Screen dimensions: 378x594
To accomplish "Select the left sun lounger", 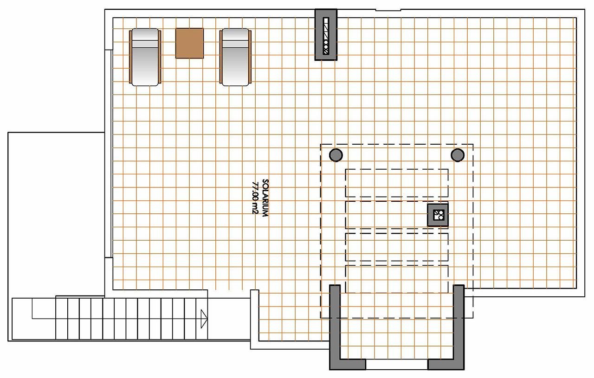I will coord(145,57).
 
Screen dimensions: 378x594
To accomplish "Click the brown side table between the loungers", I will coord(189,43).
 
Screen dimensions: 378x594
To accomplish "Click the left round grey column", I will coord(336,155).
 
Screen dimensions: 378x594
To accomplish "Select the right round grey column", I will coord(458,155).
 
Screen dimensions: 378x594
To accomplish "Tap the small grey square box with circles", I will coord(438,215).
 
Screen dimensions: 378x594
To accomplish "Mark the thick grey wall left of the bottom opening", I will coord(335,325).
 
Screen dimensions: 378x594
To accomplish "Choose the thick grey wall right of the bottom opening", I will coord(458,325).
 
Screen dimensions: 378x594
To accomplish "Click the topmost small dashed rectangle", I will coord(397,183).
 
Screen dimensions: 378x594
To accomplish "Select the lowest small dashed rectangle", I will coord(397,279).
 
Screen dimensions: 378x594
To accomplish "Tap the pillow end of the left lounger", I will coord(145,37).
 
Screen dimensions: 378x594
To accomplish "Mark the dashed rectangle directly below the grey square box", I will coord(397,247).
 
